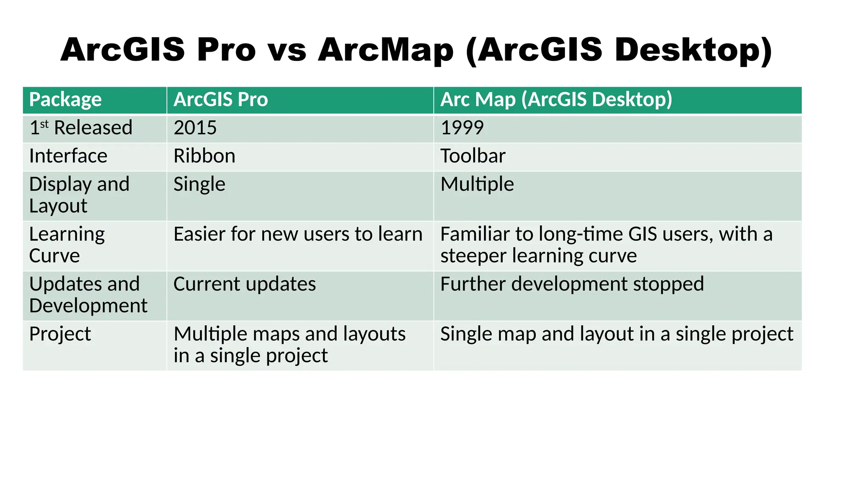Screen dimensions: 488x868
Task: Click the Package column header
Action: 65,100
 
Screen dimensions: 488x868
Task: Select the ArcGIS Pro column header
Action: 220,100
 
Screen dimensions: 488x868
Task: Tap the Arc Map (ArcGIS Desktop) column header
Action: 556,100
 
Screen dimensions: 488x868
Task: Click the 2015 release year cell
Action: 195,128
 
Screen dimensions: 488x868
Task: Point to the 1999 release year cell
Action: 462,128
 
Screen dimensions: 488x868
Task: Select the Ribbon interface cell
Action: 204,156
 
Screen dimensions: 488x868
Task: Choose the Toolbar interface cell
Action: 473,156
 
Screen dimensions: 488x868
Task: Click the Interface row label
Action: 68,156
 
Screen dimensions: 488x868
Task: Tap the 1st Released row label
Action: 81,128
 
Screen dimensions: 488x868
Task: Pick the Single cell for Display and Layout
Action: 199,185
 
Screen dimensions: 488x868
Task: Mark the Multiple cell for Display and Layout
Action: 477,185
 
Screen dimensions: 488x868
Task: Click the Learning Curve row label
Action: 67,245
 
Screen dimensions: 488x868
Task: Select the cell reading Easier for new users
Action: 298,235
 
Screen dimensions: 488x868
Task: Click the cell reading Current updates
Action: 245,284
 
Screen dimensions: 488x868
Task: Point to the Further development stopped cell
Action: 572,284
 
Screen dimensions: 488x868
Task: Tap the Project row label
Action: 60,334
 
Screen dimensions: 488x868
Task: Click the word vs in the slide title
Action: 287,50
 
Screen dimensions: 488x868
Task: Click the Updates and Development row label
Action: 88,295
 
